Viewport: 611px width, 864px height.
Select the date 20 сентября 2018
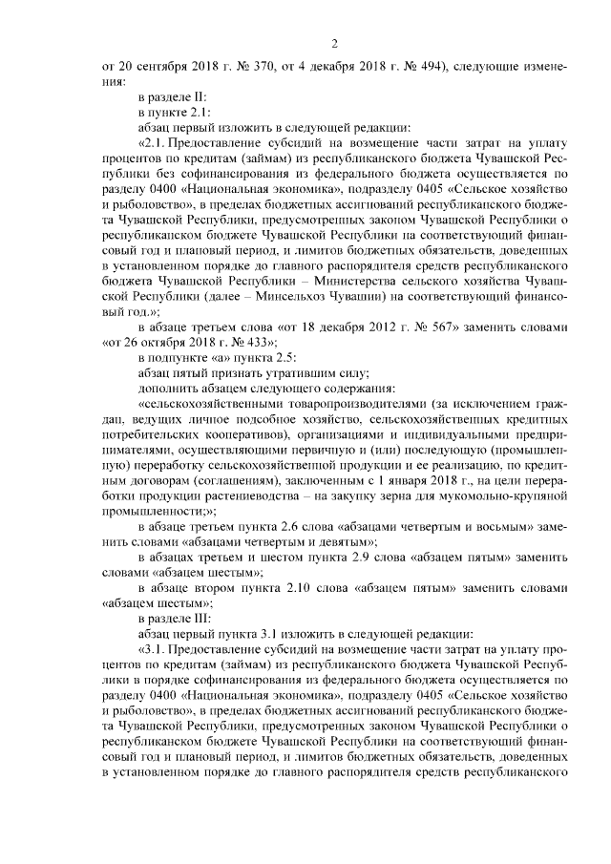point(160,67)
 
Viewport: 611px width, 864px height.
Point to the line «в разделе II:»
point(179,97)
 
